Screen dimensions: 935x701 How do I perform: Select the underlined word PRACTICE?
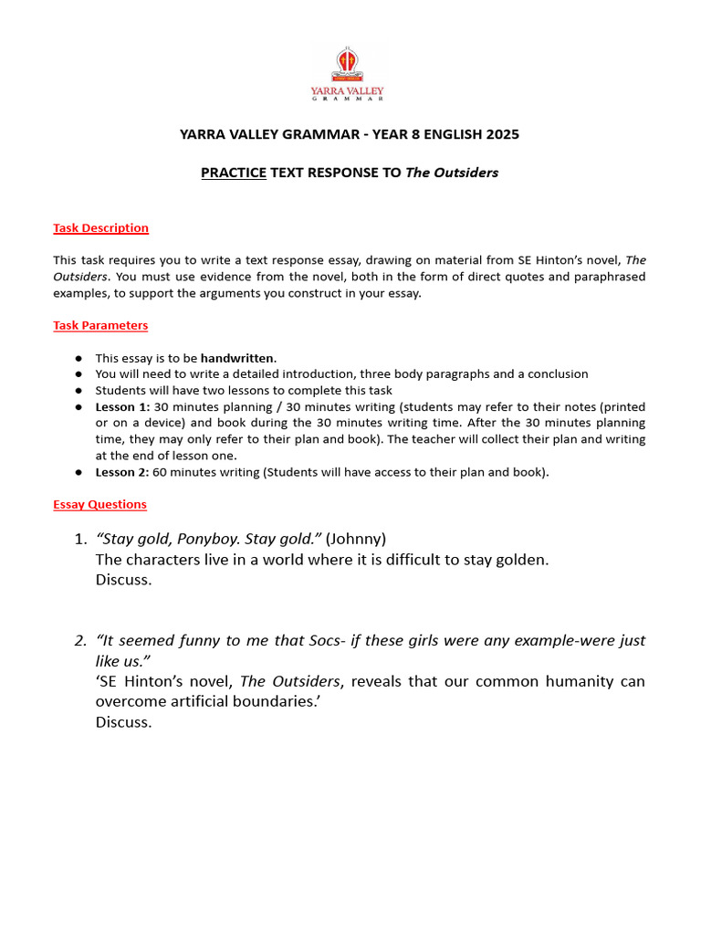(234, 173)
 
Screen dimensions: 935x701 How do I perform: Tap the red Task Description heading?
(100, 228)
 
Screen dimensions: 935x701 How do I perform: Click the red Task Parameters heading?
(100, 325)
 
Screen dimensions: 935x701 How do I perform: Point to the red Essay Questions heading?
(99, 504)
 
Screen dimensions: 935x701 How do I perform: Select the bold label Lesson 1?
(123, 406)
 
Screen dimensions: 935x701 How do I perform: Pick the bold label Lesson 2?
(123, 471)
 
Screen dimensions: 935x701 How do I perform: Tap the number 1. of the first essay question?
(81, 538)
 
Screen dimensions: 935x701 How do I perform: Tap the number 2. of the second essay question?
(81, 640)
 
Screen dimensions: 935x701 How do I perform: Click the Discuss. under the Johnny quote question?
(123, 581)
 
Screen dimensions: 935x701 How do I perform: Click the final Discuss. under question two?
(123, 722)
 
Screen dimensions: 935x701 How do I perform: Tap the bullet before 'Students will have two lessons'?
(79, 390)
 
